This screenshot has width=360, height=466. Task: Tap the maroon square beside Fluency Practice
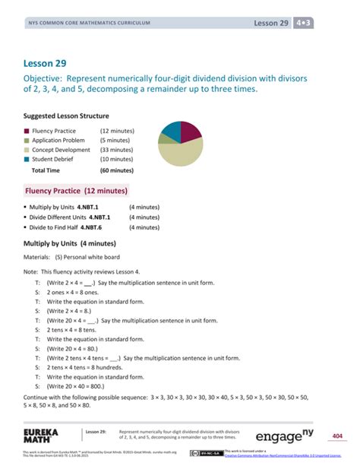(x=27, y=132)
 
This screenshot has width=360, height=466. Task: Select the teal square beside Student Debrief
(x=27, y=159)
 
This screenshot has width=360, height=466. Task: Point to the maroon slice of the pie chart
(x=189, y=132)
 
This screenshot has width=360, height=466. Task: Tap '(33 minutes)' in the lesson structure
(x=116, y=150)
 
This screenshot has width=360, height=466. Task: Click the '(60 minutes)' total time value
(x=116, y=171)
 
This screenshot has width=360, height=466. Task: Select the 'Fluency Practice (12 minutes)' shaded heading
(x=76, y=191)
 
